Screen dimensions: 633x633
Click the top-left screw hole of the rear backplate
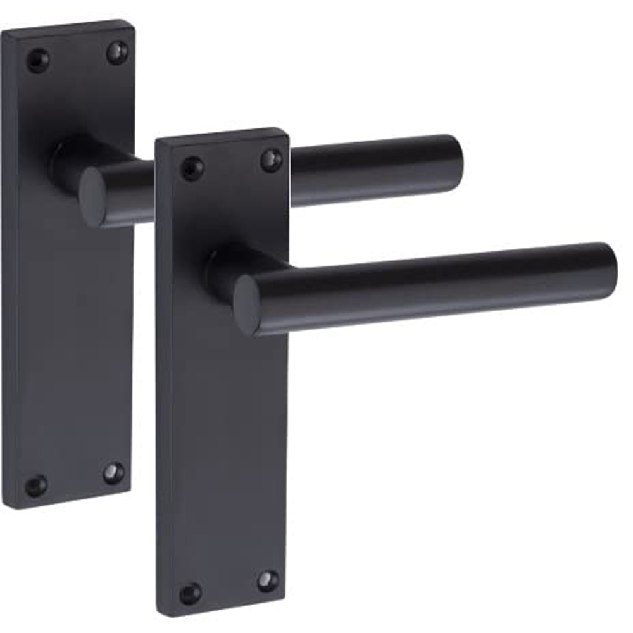(x=37, y=60)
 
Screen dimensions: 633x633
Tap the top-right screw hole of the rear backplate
(x=116, y=52)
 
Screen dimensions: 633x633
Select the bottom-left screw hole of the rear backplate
(x=36, y=486)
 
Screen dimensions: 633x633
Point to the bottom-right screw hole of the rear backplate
(x=114, y=472)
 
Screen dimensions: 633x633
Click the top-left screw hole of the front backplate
(x=192, y=168)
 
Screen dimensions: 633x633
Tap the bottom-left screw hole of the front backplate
(x=190, y=593)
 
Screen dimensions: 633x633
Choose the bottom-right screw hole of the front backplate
(x=268, y=580)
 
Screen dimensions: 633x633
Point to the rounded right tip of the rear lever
(x=454, y=163)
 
